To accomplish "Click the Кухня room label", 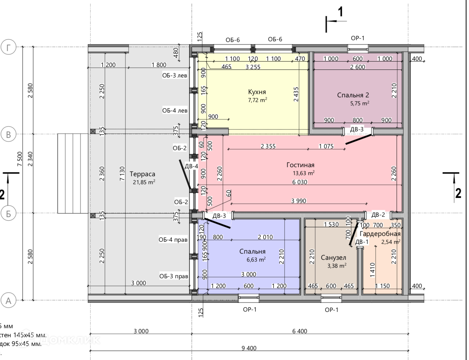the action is tap(257, 92).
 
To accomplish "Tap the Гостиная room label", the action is tap(300, 165).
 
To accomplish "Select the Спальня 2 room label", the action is tap(353, 95).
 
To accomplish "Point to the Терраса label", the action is tap(142, 174).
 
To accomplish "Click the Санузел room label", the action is tap(333, 258).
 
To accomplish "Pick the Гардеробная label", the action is tap(380, 234).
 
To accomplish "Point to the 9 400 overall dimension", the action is tap(249, 348).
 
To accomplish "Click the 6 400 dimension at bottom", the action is tap(300, 331).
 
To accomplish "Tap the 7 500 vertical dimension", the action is tap(20, 159).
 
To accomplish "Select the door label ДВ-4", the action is tap(191, 166).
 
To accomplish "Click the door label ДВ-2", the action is tap(378, 215).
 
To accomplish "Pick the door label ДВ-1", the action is tap(362, 242).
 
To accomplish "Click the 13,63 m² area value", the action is tap(303, 173).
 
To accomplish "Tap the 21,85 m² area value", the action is tap(144, 182).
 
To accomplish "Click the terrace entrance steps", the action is tap(74, 173).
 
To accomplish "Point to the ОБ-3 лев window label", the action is tap(175, 76).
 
